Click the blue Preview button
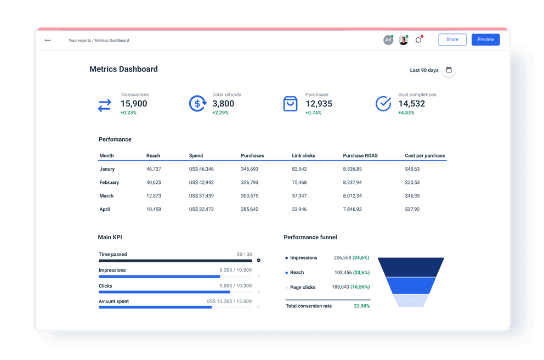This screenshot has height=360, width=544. [x=485, y=40]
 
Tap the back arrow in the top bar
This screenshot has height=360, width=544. [x=48, y=40]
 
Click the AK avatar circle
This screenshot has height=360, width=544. [x=388, y=40]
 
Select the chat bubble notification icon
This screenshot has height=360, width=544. [x=418, y=40]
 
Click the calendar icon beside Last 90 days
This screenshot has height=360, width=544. [x=449, y=70]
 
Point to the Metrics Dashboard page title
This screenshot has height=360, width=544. [x=123, y=69]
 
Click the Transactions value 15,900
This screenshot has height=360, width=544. [x=134, y=104]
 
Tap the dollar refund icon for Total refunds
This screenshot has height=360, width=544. [x=197, y=104]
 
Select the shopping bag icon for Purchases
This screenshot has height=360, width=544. [x=290, y=104]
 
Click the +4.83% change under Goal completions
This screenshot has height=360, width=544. [x=406, y=113]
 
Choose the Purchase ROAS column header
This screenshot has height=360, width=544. [x=360, y=156]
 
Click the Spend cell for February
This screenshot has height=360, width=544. [x=201, y=182]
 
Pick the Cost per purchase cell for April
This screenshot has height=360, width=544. [x=412, y=209]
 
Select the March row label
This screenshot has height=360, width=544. [x=106, y=196]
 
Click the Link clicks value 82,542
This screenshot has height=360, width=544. [x=299, y=169]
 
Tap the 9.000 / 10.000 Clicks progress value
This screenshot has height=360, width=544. [x=235, y=286]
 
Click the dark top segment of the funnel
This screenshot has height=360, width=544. [x=411, y=267]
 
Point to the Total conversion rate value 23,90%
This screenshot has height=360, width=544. [x=361, y=306]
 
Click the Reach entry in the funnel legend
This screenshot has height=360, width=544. [x=297, y=272]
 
